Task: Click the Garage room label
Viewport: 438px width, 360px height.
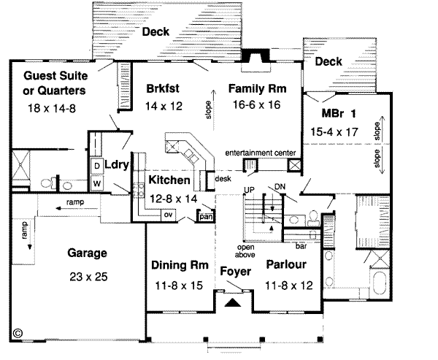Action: (x=87, y=254)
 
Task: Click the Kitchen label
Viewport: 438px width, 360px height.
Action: (x=170, y=180)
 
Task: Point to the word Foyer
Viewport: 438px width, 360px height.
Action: (x=236, y=272)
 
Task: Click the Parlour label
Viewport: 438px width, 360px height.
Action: (x=286, y=264)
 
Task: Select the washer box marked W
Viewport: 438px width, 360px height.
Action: (x=96, y=183)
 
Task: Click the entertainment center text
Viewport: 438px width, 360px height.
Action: (x=260, y=153)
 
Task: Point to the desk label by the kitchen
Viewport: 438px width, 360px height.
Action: (x=222, y=177)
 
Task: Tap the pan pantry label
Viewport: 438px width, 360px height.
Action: (x=206, y=216)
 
